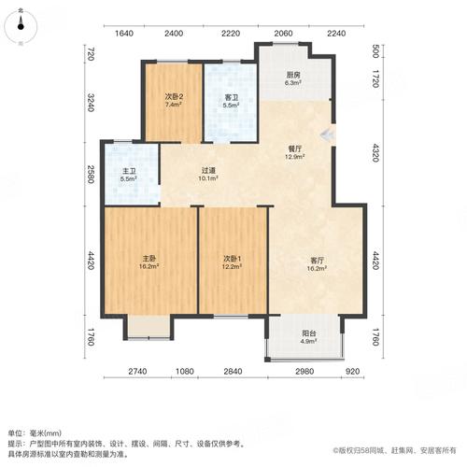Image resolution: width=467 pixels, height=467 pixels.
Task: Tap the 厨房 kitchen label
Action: point(293,75)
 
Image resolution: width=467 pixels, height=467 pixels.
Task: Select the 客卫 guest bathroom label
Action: point(231,97)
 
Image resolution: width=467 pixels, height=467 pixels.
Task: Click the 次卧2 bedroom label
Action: point(173,97)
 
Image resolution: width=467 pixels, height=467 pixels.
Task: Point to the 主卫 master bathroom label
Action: point(129,170)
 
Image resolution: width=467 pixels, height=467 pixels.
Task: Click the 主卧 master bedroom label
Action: point(149,260)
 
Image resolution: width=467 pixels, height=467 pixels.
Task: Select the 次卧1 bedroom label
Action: point(233,260)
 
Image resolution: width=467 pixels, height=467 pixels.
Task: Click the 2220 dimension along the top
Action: point(233,34)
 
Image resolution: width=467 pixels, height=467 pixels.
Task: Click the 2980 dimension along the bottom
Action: point(304,374)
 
